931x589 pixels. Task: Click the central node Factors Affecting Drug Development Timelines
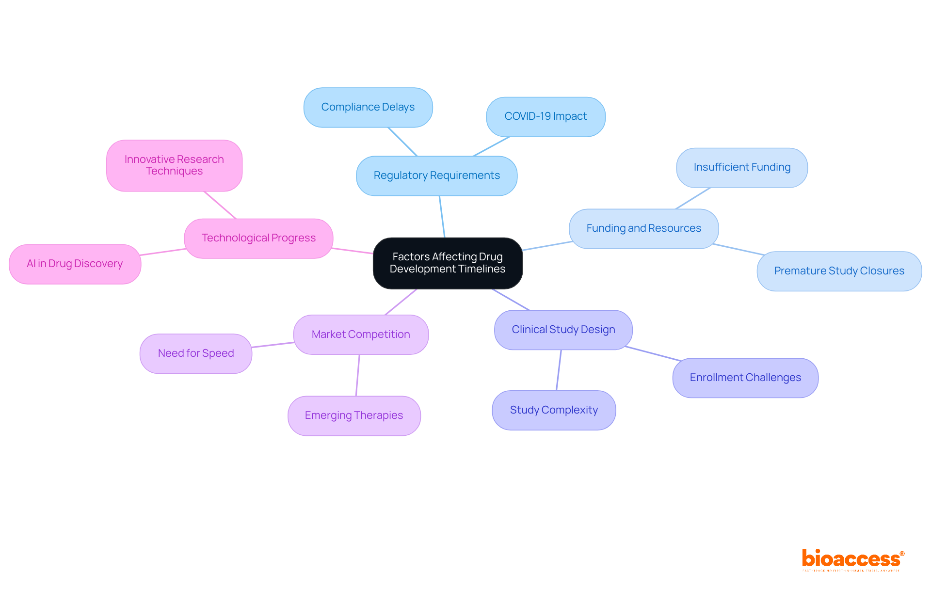448,263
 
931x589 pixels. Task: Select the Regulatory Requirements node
436,175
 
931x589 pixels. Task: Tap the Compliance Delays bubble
368,107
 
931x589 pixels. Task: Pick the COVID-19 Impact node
546,116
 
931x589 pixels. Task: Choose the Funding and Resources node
643,228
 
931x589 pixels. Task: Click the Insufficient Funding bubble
742,167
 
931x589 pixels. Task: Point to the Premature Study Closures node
839,271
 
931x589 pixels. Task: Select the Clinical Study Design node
563,330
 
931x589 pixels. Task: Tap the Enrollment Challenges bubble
745,378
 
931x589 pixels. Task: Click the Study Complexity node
554,410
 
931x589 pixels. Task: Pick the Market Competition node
361,334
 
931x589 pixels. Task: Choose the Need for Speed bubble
196,353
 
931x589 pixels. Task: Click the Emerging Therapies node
354,415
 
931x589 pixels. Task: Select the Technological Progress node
258,238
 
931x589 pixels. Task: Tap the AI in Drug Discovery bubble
75,264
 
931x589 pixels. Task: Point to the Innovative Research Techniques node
174,165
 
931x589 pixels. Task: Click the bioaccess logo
852,559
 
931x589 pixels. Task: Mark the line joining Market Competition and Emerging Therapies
358,375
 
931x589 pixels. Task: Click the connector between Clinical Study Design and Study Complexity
559,370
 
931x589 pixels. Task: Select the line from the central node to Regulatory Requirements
442,217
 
